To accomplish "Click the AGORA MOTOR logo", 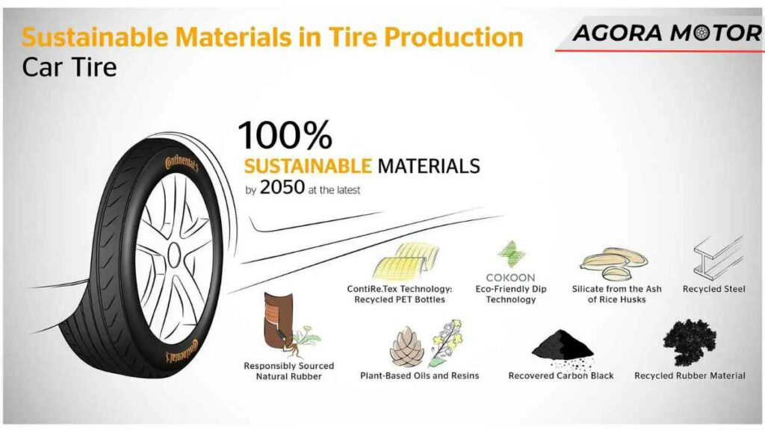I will (x=665, y=33).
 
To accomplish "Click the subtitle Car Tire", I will (x=69, y=67).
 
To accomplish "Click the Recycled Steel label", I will (x=713, y=290).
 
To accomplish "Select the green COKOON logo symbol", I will (x=512, y=254).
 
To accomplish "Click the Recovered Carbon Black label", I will (x=561, y=376).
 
